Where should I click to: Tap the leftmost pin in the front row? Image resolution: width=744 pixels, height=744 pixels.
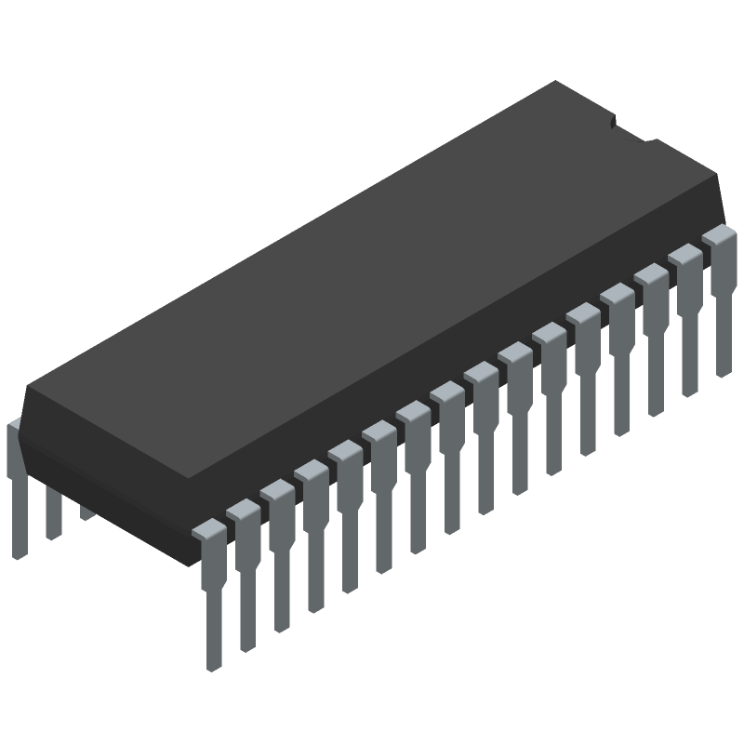[211, 595]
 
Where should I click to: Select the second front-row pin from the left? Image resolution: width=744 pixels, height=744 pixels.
[245, 577]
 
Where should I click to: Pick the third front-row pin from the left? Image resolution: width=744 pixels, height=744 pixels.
[278, 556]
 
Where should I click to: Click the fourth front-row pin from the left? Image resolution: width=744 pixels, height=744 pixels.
[312, 537]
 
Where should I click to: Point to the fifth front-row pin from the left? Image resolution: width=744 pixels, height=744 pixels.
[347, 517]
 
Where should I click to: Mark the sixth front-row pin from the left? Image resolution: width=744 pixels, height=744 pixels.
[381, 498]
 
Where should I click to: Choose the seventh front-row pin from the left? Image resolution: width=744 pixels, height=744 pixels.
[415, 478]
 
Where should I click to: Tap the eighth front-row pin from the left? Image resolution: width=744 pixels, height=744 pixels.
[449, 458]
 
